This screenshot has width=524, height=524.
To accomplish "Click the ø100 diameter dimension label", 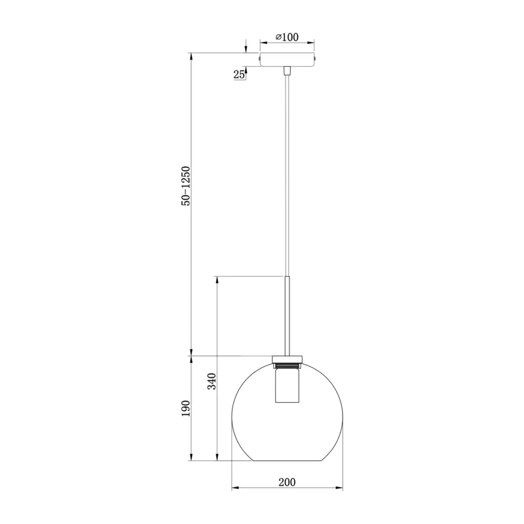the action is [x=287, y=37].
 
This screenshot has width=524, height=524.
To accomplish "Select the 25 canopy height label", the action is [x=239, y=75].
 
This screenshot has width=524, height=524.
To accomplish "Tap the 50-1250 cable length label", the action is [x=186, y=186].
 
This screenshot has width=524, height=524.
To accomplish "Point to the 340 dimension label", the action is [x=212, y=381].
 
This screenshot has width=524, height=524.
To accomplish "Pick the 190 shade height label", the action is [x=186, y=408].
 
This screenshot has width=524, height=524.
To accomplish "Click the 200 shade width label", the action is [x=287, y=482].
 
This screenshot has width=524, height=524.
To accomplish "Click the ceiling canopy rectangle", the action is [x=287, y=60].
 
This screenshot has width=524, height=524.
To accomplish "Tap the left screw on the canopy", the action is [x=259, y=59].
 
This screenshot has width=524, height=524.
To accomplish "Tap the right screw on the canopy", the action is [x=315, y=59].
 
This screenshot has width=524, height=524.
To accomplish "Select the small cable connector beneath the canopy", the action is [x=287, y=71].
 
